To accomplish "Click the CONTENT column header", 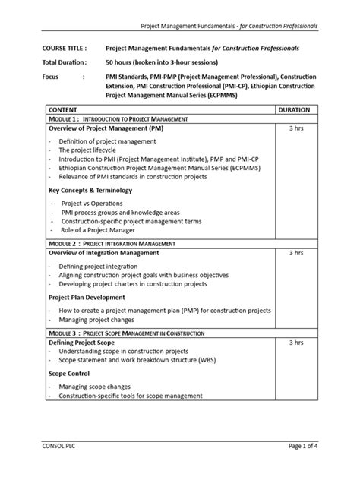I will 64,110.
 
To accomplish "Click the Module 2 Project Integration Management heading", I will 119,243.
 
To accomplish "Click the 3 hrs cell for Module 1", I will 295,129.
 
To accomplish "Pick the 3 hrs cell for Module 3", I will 295,343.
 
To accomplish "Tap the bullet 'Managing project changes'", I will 99,322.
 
